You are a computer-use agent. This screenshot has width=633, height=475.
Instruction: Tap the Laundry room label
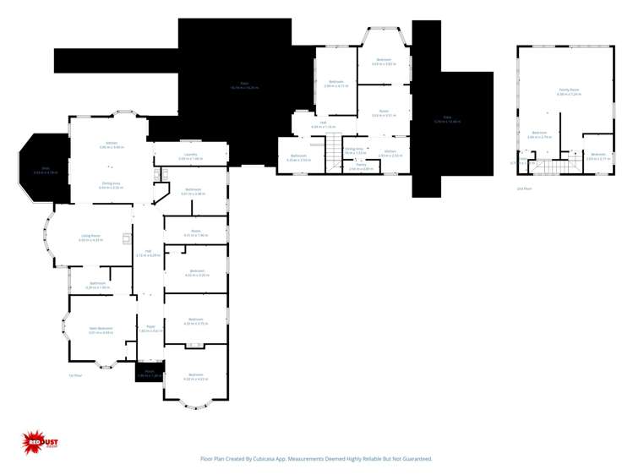[190, 155]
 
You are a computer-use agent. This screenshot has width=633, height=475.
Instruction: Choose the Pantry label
[361, 165]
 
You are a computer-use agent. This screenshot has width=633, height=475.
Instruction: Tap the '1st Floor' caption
[75, 375]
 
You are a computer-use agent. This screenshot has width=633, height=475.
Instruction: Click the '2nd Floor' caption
[525, 188]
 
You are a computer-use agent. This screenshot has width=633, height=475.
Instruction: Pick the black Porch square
[149, 371]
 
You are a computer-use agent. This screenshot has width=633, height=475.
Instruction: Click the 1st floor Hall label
[148, 251]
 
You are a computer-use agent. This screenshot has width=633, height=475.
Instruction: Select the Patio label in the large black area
[244, 85]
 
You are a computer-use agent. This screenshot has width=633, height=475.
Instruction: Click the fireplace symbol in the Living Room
[127, 238]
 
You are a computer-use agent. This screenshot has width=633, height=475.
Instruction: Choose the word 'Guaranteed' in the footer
[413, 459]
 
